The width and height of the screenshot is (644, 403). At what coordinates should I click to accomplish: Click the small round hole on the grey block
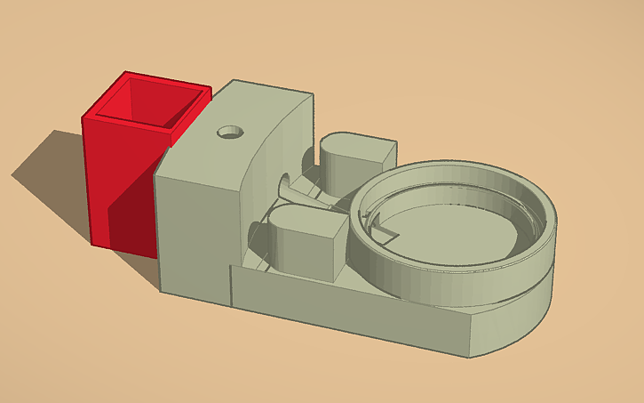[x=231, y=132]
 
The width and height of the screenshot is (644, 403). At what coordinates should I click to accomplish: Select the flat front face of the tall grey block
[x=195, y=231]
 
